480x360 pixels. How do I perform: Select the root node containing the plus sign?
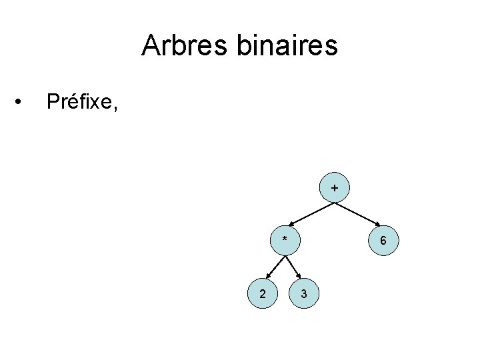click(334, 190)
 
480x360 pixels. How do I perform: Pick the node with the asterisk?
click(285, 239)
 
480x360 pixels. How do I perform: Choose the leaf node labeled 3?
click(304, 293)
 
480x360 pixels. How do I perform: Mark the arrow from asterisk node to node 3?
click(295, 265)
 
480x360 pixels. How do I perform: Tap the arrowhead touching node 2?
click(267, 275)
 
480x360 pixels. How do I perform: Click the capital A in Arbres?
click(151, 46)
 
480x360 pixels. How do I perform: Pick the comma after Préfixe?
click(115, 108)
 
